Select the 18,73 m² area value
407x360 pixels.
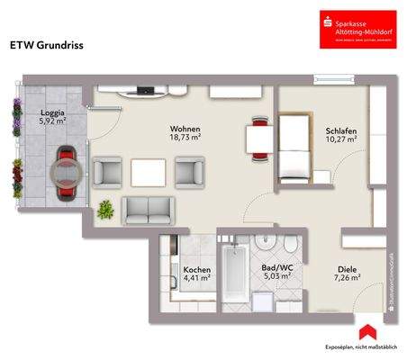185,139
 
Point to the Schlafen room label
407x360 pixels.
341,131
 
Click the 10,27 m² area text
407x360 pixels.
342,141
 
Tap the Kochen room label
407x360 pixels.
196,268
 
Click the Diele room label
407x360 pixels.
348,268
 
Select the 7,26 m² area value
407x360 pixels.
348,278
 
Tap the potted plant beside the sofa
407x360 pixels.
106,210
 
